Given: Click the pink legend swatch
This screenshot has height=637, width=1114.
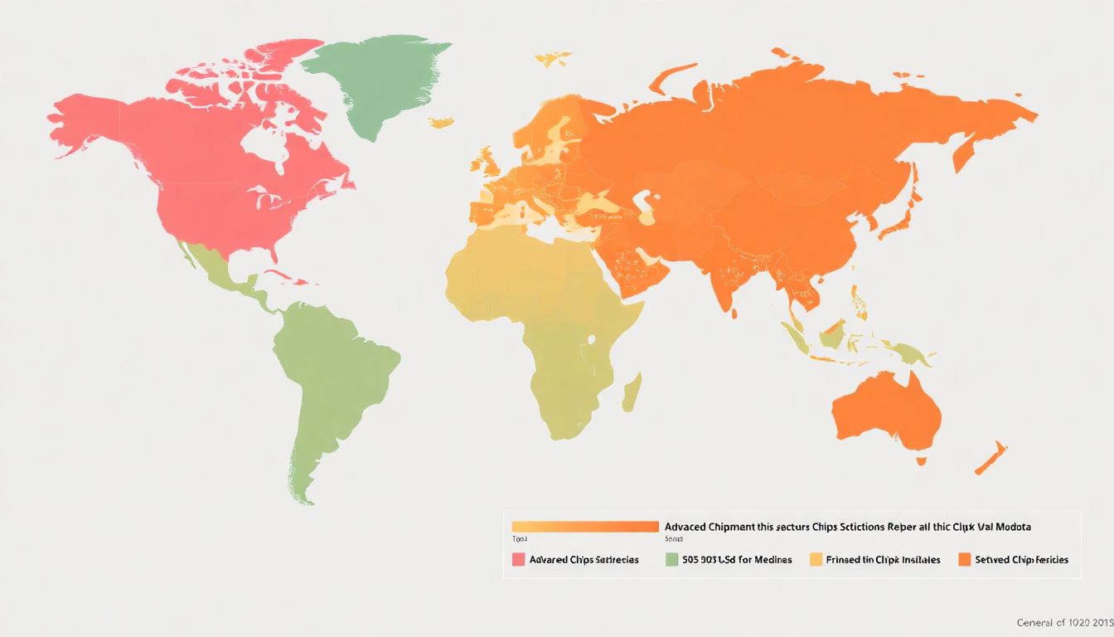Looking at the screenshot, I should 519,560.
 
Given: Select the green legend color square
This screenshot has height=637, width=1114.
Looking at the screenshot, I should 672,560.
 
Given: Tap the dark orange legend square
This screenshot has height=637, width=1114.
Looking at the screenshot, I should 964,560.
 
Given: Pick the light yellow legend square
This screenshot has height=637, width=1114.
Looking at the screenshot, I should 816,560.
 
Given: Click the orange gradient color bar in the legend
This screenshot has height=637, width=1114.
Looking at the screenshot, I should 585,527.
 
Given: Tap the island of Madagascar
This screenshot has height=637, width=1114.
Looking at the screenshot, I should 632,392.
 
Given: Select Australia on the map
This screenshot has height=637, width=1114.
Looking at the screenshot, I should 887,411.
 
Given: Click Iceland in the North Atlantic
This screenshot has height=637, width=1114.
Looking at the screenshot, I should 441,123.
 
